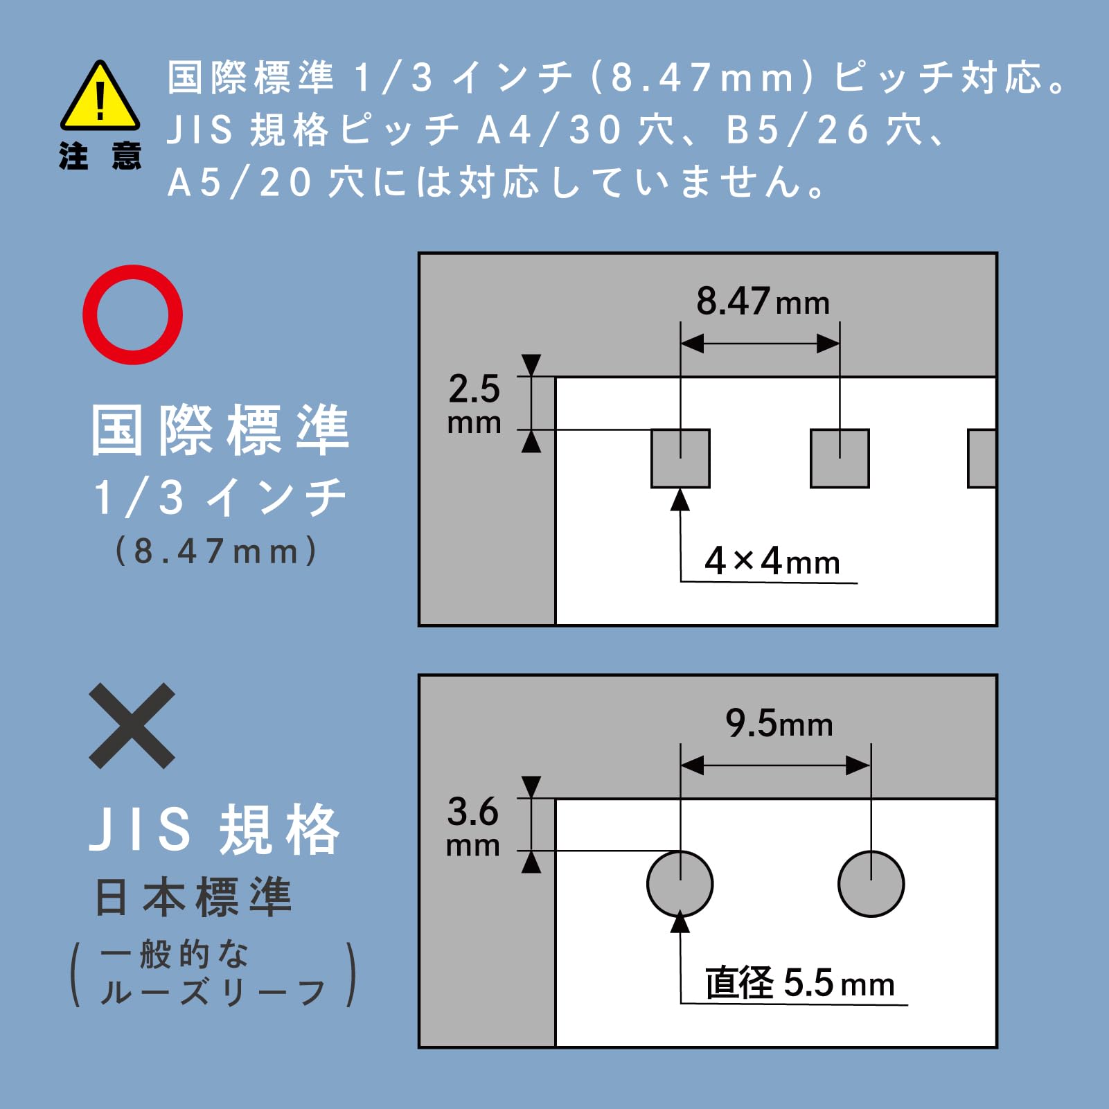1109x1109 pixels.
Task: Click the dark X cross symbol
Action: (x=132, y=726)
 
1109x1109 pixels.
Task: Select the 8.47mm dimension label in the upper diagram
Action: (x=763, y=302)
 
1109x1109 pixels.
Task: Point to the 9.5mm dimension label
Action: (x=779, y=724)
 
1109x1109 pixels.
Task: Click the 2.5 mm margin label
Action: (x=474, y=404)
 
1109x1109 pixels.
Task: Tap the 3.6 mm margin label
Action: (x=473, y=826)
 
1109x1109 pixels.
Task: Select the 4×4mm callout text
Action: (x=772, y=561)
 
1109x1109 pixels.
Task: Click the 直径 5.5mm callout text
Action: (x=800, y=983)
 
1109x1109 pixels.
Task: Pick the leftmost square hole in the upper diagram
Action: (x=680, y=459)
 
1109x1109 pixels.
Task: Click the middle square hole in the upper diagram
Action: (x=840, y=459)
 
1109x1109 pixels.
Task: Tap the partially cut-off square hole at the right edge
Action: (x=982, y=459)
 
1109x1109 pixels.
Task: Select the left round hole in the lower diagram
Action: (x=680, y=884)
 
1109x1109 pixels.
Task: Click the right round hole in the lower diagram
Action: (x=871, y=884)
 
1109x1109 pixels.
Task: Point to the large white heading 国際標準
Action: (x=220, y=430)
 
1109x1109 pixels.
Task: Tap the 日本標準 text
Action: (x=193, y=897)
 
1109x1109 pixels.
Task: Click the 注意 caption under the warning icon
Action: (x=100, y=156)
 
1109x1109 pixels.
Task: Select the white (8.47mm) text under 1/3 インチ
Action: (x=216, y=551)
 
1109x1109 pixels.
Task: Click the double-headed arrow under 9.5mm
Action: (x=776, y=765)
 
